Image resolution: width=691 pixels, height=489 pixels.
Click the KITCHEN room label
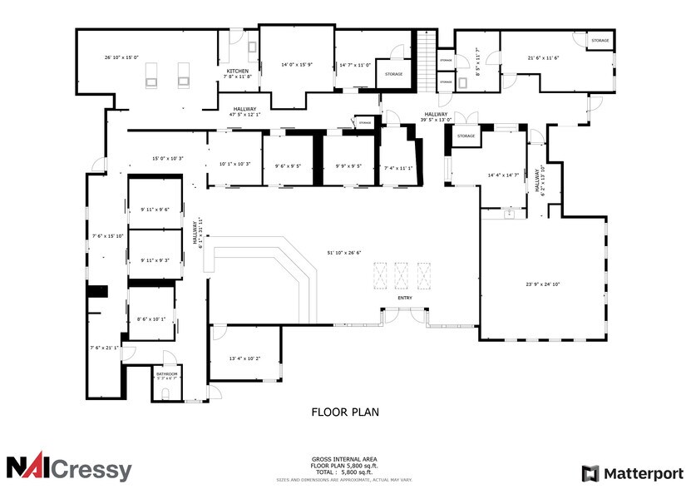(238, 72)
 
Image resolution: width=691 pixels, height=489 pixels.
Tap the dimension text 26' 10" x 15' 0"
(121, 57)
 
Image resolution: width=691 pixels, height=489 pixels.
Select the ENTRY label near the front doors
(405, 298)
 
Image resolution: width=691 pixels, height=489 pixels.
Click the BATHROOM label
(166, 374)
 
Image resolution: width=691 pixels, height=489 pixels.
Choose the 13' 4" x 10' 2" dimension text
(244, 358)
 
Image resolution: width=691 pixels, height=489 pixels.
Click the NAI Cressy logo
(69, 468)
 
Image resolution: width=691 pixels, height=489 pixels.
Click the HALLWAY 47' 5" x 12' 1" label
(244, 111)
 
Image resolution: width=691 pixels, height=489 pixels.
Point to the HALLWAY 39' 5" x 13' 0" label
(436, 116)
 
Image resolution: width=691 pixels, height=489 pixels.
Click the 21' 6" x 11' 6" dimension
(543, 57)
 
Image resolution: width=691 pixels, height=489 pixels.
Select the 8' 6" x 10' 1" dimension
(151, 318)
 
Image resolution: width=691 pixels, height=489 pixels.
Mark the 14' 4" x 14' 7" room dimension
(503, 175)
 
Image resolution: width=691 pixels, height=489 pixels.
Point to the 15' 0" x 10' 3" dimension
(167, 158)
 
